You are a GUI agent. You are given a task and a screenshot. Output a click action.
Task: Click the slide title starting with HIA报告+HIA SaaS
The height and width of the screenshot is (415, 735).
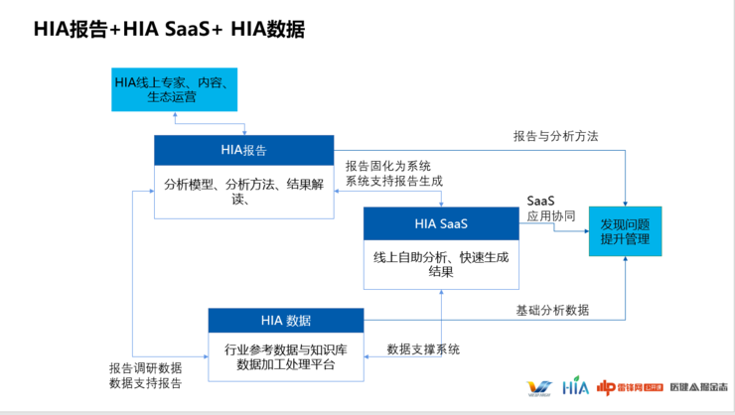coord(169,29)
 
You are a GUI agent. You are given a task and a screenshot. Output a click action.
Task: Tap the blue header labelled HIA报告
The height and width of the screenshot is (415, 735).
coord(243,150)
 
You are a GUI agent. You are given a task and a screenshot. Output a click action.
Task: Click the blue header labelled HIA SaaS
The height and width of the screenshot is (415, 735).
coord(441,223)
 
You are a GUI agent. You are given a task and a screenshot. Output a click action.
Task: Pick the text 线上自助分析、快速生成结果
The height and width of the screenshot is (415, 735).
coord(441,264)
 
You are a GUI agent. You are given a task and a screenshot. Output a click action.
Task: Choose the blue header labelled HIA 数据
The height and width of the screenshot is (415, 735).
coord(286,320)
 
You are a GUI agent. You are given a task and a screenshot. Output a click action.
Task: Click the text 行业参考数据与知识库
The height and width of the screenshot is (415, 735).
coord(286,349)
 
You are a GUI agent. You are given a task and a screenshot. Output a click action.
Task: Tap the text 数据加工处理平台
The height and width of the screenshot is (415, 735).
coord(286,364)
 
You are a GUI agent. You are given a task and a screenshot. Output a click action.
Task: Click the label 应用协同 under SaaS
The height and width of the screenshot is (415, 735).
coord(552,214)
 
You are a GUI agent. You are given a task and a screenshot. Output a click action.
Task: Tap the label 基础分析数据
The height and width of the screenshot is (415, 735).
coord(552,310)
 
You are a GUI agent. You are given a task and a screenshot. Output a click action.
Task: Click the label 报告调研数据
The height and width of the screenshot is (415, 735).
coord(146,367)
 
